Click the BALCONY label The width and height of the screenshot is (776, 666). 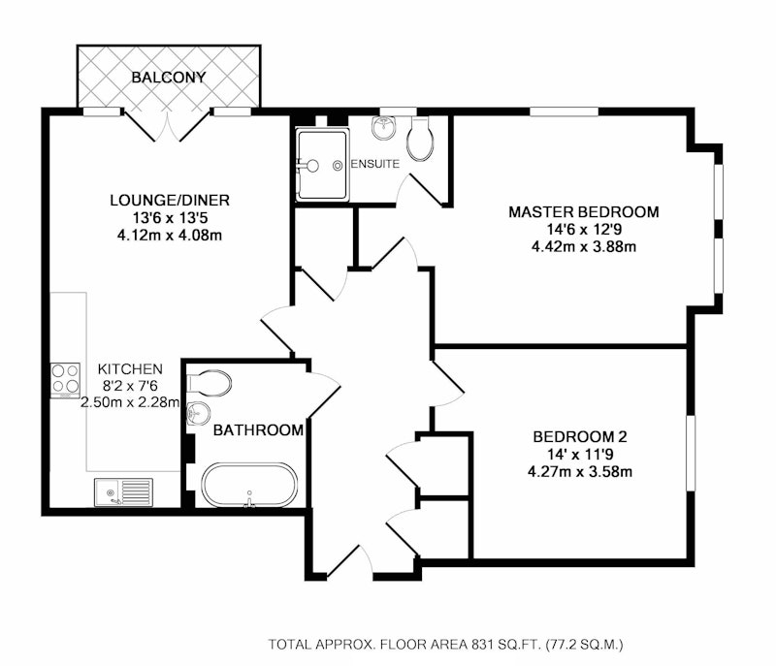168,78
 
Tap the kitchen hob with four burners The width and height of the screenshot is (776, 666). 65,381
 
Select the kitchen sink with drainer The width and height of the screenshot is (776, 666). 123,492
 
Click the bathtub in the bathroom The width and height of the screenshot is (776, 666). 249,485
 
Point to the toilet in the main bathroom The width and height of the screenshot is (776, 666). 210,383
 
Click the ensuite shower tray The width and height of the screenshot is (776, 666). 322,165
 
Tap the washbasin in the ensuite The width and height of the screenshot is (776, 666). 383,128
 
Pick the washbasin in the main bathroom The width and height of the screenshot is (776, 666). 199,412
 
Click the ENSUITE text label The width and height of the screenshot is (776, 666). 375,164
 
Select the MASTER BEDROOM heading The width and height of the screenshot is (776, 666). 584,212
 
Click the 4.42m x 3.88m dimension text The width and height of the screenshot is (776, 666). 584,246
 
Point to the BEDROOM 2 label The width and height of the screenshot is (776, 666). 580,436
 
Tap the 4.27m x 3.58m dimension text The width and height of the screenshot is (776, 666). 580,471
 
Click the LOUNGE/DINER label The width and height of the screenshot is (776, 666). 170,201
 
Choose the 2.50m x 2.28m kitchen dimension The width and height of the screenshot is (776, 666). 130,402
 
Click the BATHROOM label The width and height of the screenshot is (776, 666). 258,430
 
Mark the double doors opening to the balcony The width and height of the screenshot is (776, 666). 168,126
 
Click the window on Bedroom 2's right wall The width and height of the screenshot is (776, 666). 691,454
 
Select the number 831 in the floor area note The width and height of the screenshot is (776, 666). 478,645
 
